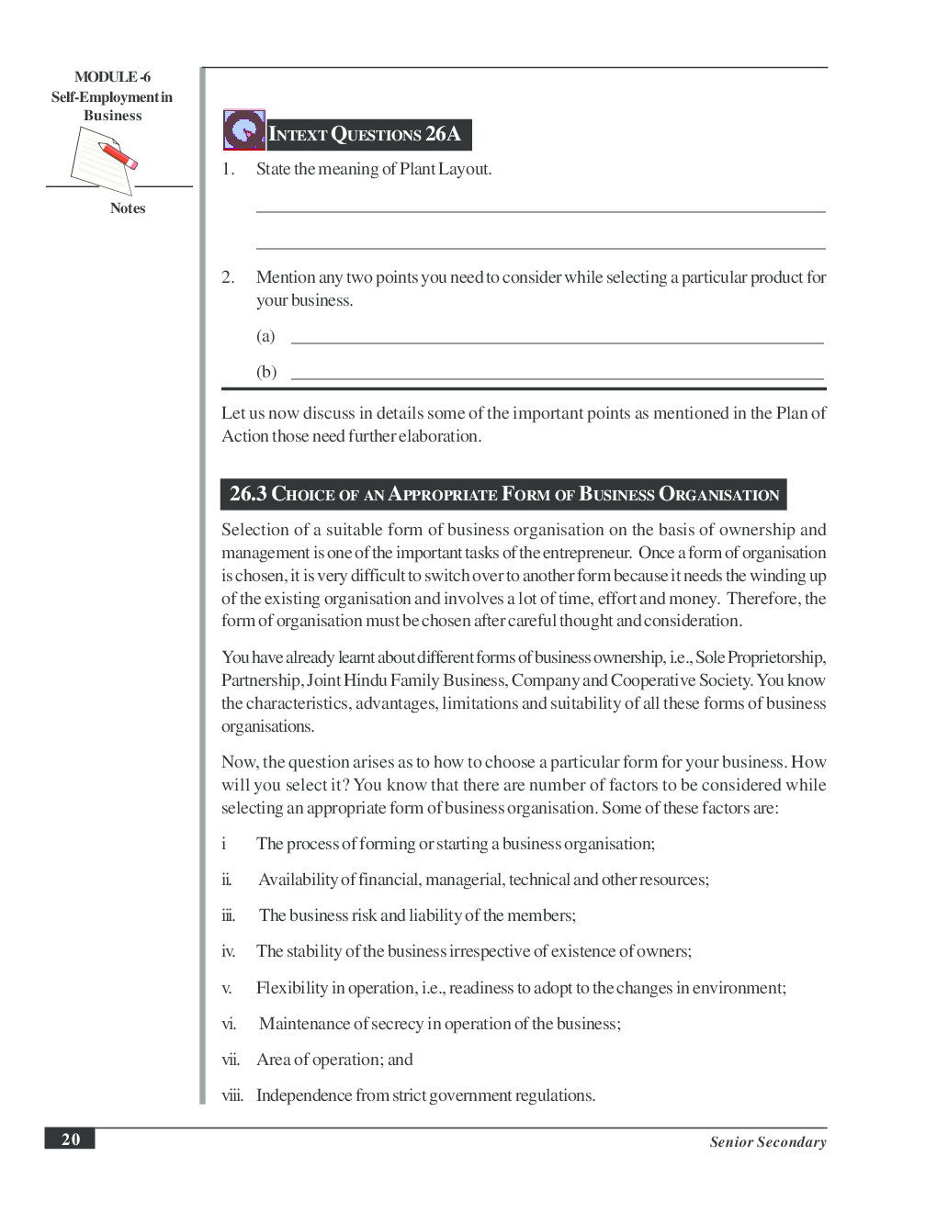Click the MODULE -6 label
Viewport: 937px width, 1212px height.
(112, 77)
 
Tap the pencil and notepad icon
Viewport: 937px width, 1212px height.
(104, 159)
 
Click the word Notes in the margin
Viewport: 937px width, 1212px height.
(128, 208)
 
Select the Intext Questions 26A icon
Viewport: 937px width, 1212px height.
(243, 130)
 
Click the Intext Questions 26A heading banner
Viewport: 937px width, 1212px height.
(367, 135)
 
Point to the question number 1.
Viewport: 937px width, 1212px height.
(228, 170)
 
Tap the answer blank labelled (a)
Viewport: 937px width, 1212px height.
(557, 342)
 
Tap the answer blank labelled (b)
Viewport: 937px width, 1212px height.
(557, 377)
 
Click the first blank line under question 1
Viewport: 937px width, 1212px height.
(540, 211)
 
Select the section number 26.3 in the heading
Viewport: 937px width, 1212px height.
(248, 494)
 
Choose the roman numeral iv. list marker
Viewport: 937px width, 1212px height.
(228, 952)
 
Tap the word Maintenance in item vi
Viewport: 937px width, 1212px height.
(304, 1024)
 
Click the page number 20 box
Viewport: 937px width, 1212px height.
(70, 1139)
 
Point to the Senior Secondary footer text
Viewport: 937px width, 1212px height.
(767, 1142)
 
